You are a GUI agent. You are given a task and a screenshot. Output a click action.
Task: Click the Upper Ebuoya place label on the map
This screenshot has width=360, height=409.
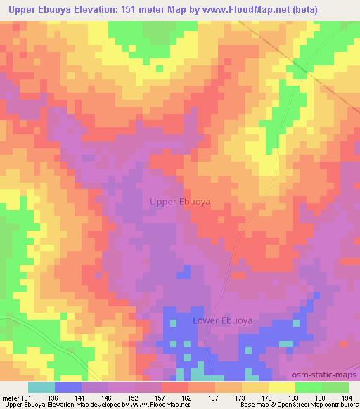click(181, 201)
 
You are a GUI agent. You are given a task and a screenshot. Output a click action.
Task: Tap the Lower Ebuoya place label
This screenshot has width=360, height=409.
click(222, 320)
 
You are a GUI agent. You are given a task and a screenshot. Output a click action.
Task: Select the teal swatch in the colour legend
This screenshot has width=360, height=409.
click(41, 387)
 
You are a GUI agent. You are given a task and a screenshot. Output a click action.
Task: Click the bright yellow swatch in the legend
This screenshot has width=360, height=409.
click(281, 387)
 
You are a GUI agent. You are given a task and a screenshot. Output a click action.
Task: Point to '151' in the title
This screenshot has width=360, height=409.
click(116, 10)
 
